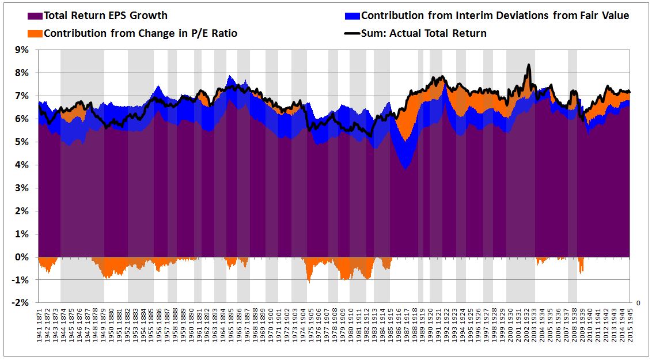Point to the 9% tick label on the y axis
pyautogui.click(x=21, y=50)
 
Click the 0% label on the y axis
pyautogui.click(x=21, y=257)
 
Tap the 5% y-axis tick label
pyautogui.click(x=21, y=142)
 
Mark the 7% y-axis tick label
pyautogui.click(x=21, y=96)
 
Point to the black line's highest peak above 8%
pyautogui.click(x=528, y=66)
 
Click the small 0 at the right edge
pyautogui.click(x=638, y=302)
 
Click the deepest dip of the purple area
pyautogui.click(x=407, y=168)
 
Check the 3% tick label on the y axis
pyautogui.click(x=21, y=188)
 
